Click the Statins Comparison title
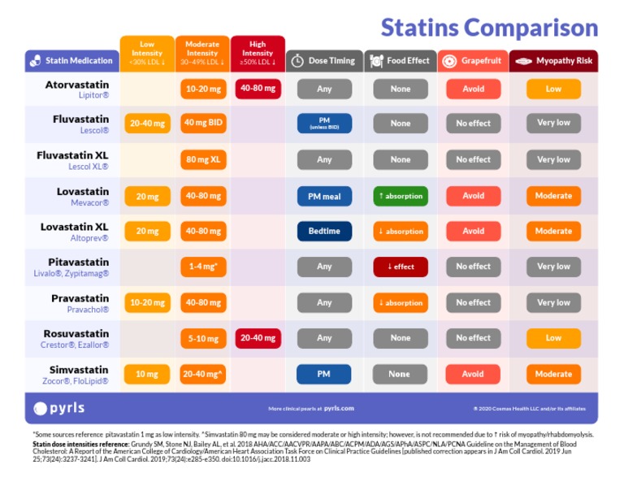pyautogui.click(x=489, y=27)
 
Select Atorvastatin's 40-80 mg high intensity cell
pyautogui.click(x=258, y=89)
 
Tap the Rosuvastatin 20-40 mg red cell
pyautogui.click(x=258, y=338)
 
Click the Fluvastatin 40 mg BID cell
pyautogui.click(x=202, y=124)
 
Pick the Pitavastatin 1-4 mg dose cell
pyautogui.click(x=202, y=267)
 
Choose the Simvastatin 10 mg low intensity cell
pyautogui.click(x=147, y=374)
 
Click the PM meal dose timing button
pyautogui.click(x=324, y=196)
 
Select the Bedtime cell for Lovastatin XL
pyautogui.click(x=324, y=231)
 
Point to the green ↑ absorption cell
pyautogui.click(x=400, y=196)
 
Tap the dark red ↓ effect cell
pyautogui.click(x=400, y=267)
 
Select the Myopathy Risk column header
pyautogui.click(x=553, y=61)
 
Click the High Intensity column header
pyautogui.click(x=258, y=54)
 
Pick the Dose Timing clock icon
pyautogui.click(x=297, y=61)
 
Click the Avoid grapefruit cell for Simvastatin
pyautogui.click(x=473, y=374)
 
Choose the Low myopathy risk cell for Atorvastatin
pyautogui.click(x=553, y=89)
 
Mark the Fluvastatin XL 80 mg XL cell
pyautogui.click(x=202, y=160)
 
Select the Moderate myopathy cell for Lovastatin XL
pyautogui.click(x=553, y=231)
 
